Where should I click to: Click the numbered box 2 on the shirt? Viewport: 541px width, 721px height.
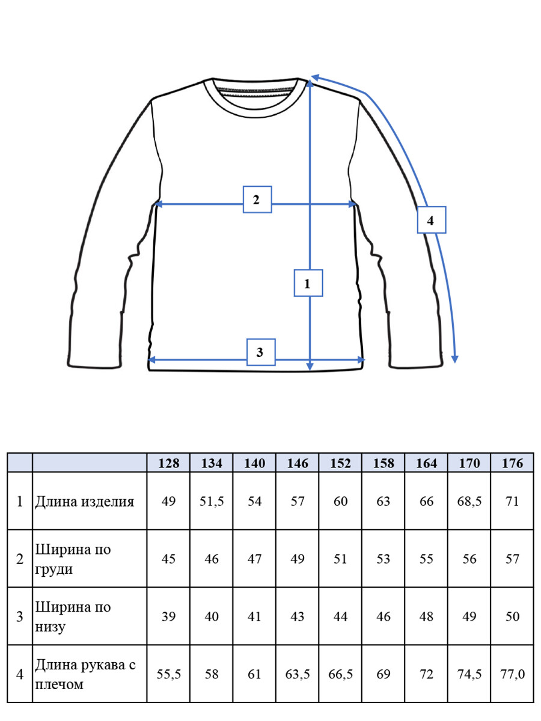point(257,199)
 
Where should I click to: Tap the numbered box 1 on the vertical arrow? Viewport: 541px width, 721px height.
point(308,283)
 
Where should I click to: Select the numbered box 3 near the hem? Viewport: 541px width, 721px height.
point(261,352)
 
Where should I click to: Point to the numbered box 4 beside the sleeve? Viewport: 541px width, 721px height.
point(431,220)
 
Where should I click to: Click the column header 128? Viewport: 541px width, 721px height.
point(168,463)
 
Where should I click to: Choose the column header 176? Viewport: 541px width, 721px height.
point(512,463)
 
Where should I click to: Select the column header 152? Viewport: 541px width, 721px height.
point(340,463)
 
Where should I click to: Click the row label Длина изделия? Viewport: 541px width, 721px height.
point(85,502)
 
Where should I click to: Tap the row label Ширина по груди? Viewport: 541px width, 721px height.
point(73,559)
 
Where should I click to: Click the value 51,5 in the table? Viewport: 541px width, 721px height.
point(212,502)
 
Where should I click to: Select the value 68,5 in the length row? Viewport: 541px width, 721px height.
point(469,502)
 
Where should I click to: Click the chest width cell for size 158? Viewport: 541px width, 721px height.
point(384,559)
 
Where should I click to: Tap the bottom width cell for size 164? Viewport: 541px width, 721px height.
point(426,616)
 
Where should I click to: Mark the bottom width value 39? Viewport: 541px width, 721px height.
point(168,616)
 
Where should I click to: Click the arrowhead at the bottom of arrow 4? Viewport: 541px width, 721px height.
point(454,359)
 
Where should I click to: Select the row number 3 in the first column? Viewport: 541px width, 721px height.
point(20,616)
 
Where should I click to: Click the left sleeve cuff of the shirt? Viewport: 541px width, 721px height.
point(94,362)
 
